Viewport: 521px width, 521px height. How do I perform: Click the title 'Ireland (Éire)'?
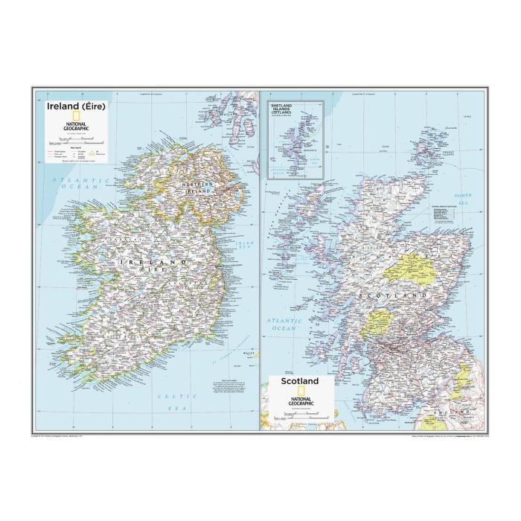tap(75, 106)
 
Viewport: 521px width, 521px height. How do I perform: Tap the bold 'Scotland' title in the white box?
tap(299, 381)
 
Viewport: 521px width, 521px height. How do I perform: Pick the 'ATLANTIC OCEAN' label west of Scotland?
tap(284, 323)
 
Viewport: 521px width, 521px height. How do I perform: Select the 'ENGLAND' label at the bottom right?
tap(454, 411)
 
